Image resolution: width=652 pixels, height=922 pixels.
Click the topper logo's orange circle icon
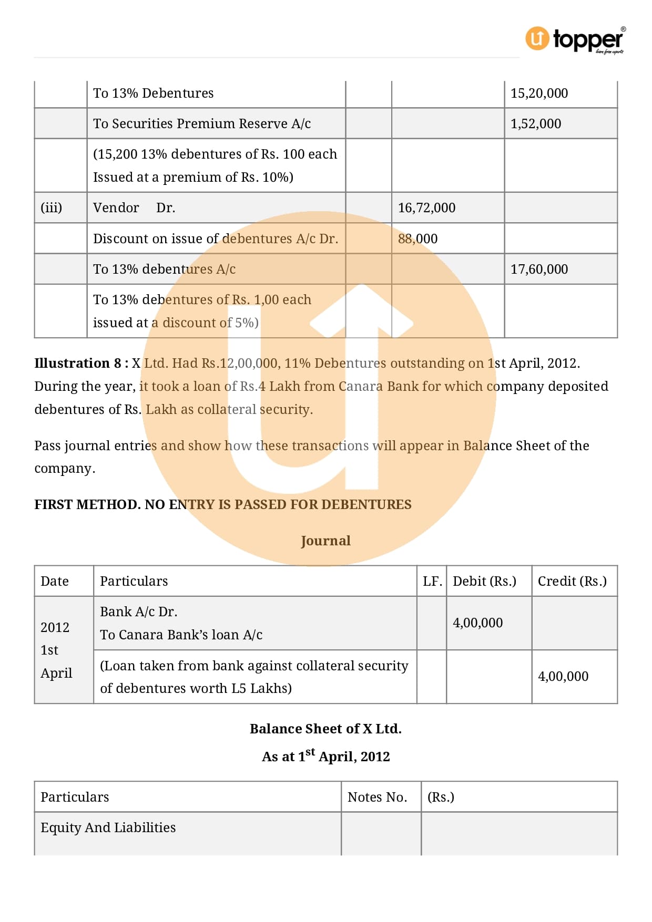[537, 38]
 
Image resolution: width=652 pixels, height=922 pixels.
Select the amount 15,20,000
[539, 94]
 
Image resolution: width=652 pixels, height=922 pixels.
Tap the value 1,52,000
[535, 124]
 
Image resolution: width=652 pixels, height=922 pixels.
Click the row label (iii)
[51, 208]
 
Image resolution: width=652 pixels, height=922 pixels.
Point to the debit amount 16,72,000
[426, 208]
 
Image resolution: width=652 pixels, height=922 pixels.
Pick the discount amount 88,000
[417, 239]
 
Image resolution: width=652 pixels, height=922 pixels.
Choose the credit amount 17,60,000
[539, 270]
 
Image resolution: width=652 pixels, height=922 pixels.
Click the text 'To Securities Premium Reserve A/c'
[202, 124]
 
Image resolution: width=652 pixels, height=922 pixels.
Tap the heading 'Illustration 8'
[78, 364]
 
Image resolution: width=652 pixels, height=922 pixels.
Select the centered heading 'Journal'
[325, 541]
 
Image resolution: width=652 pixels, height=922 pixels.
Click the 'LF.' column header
[432, 582]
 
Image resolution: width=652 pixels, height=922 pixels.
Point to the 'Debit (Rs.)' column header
[484, 582]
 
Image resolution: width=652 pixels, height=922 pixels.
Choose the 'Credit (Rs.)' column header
[572, 582]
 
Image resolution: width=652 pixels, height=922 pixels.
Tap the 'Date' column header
[55, 582]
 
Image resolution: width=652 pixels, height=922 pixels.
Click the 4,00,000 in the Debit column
[477, 623]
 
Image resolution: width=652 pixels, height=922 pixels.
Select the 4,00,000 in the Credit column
[563, 677]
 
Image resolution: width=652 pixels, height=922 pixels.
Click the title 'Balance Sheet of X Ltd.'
[325, 729]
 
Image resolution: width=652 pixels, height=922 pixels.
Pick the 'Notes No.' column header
[377, 797]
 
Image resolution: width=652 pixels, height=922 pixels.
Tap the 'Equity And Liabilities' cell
[108, 828]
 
